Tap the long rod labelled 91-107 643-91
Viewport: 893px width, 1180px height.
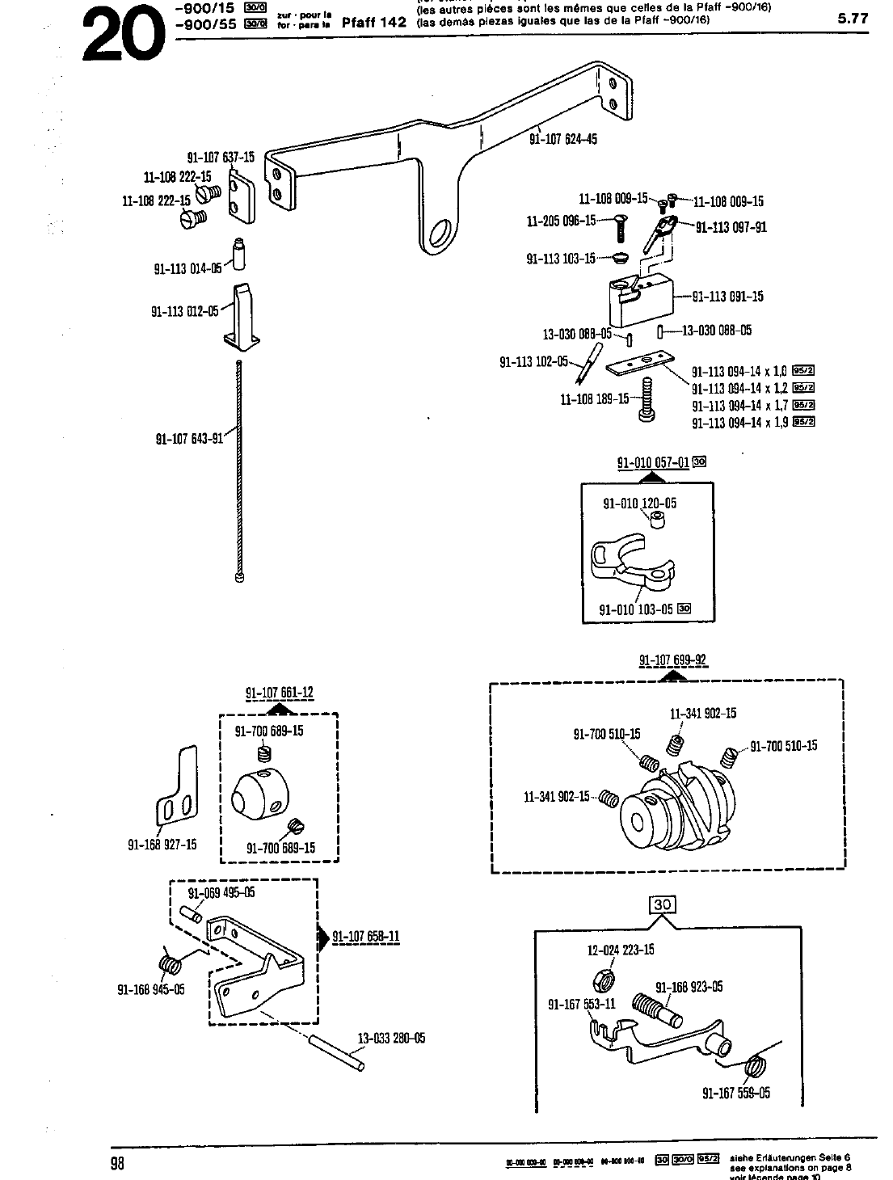240,469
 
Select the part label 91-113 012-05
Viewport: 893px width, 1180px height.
185,310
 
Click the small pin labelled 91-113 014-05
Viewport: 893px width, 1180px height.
239,255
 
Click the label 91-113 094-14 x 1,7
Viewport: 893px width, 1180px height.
739,406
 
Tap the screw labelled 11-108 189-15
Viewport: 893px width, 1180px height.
647,399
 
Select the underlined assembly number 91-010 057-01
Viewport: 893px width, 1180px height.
653,463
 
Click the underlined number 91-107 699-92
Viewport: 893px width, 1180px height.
672,660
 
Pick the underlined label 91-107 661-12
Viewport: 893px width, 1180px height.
279,693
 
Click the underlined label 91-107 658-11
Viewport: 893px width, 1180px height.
366,938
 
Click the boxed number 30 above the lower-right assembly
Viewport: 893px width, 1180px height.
662,904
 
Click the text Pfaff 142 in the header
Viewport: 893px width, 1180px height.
373,23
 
